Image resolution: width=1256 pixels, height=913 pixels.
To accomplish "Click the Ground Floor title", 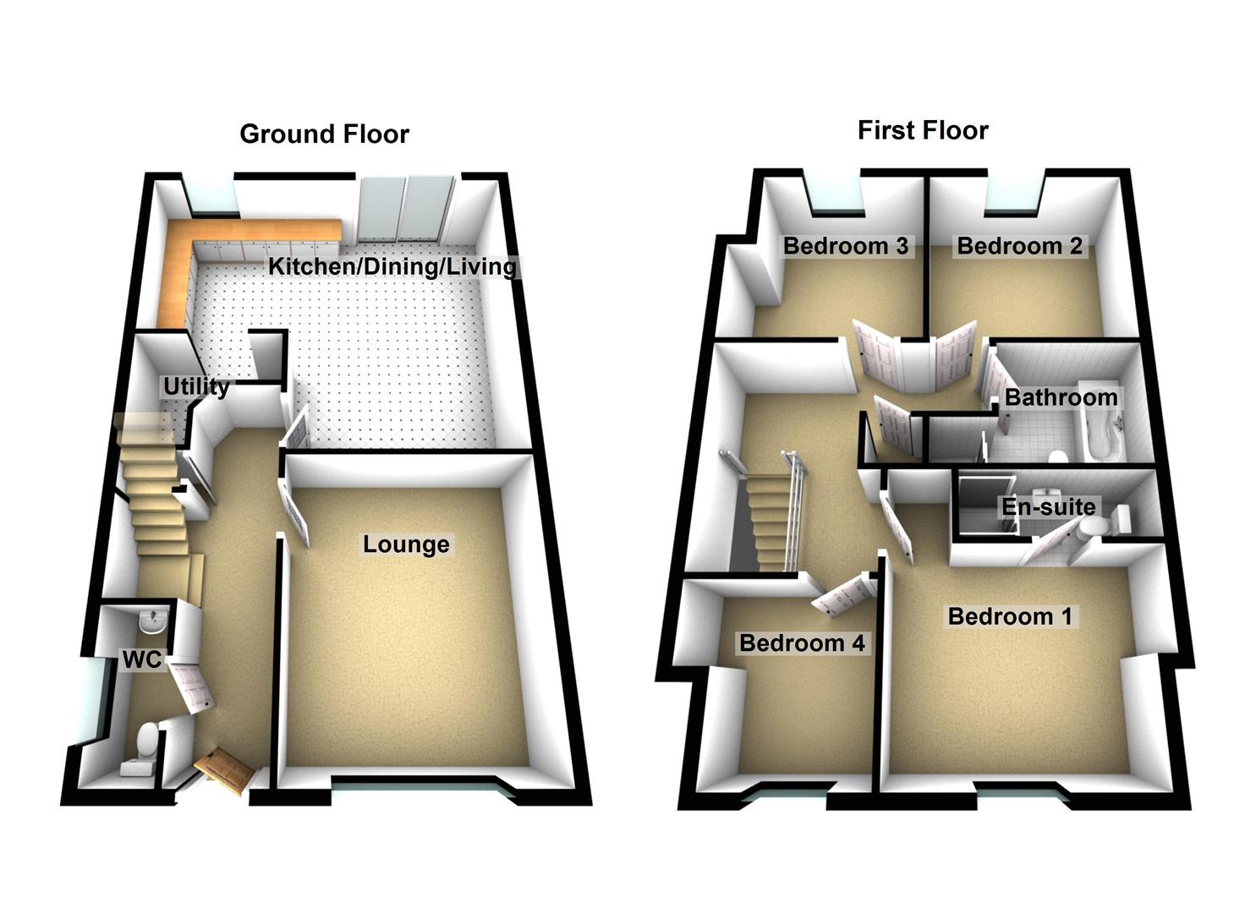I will (x=324, y=134).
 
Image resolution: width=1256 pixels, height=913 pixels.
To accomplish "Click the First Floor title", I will (x=923, y=130).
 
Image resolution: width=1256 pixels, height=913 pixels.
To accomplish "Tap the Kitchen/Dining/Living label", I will (x=392, y=266).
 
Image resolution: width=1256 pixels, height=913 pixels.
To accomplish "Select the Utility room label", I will (x=196, y=386).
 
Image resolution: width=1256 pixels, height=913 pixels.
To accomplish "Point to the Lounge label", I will (x=406, y=544).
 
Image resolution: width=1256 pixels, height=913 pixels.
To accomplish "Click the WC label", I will (x=141, y=659).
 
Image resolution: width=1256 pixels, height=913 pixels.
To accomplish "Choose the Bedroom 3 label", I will (x=846, y=246).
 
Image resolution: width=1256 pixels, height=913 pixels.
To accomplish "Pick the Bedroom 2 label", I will (x=1019, y=246).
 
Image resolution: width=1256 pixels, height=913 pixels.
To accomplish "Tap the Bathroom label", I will (x=1061, y=397).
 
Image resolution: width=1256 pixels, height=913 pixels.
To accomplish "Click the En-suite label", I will (x=1049, y=506).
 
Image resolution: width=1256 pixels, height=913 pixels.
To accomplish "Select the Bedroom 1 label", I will (x=1010, y=616).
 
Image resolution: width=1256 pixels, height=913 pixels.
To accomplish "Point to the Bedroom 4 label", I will (x=802, y=643).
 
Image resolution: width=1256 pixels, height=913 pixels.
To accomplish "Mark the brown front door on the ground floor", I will (x=224, y=770).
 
